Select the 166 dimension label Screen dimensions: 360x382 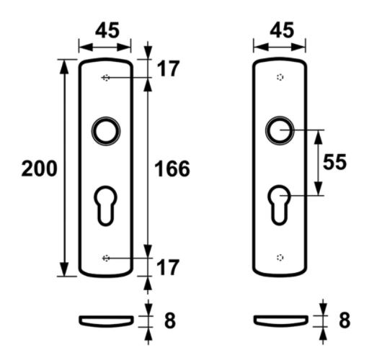click(x=172, y=169)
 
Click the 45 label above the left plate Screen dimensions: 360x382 click(x=107, y=31)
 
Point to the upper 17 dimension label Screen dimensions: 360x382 click(x=167, y=69)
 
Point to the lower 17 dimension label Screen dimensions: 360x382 click(x=167, y=267)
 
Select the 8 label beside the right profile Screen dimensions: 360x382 click(x=344, y=319)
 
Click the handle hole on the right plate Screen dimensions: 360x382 click(x=280, y=130)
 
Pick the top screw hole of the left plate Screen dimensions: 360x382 click(x=106, y=78)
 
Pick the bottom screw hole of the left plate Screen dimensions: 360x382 click(x=106, y=258)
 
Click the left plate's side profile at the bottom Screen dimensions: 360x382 click(x=106, y=319)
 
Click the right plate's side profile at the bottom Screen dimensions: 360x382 click(x=281, y=319)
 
